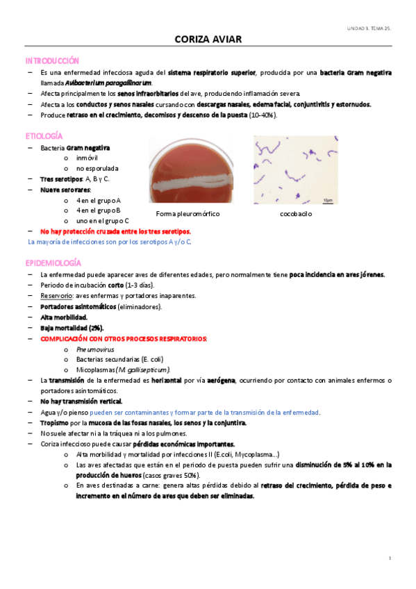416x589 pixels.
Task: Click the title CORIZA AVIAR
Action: (208, 40)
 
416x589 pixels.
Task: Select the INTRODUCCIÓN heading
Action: (52, 61)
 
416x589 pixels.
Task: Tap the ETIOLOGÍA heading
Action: (44, 136)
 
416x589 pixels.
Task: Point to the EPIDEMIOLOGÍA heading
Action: (53, 263)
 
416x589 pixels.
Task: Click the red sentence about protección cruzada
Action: (115, 231)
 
